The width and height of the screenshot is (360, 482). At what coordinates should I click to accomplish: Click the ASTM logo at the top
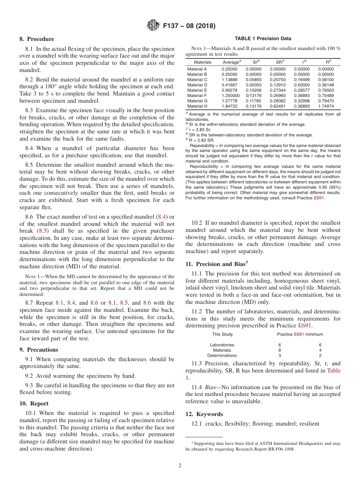coord(153,26)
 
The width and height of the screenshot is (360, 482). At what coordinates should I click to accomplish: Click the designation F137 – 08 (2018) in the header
coord(189,26)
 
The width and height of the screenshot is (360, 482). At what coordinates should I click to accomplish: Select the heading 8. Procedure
coord(37,39)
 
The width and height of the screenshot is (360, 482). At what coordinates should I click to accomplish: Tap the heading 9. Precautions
coord(39,350)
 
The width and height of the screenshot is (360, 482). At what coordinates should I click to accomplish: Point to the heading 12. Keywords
coord(204,414)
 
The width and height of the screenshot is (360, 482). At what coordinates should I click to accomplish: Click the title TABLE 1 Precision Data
coord(263,39)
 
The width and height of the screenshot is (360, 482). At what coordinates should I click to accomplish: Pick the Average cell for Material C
coord(229,80)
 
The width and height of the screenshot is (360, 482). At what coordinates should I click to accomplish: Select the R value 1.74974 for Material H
coord(326,106)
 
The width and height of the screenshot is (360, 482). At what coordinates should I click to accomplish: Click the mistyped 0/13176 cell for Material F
coord(254,96)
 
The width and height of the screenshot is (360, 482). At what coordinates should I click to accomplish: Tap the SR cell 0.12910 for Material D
coord(278,85)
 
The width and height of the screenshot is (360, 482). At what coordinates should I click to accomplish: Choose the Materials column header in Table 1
coord(202,62)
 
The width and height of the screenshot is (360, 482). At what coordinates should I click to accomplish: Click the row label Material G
coord(197,101)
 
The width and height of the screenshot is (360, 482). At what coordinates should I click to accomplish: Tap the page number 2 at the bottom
coord(180,466)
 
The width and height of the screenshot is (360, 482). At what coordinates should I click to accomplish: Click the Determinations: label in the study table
coord(222,355)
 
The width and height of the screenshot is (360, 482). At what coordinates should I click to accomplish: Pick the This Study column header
coord(222,334)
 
